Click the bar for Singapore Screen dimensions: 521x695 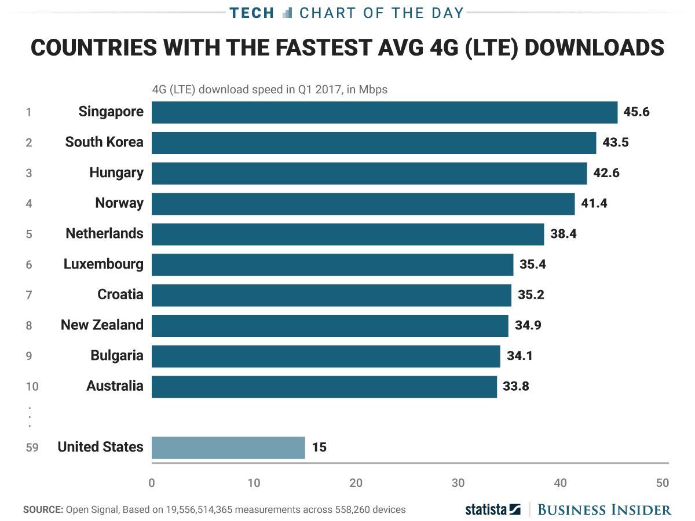[385, 112]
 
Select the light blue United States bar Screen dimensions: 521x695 [228, 447]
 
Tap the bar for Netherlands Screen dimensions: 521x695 [348, 234]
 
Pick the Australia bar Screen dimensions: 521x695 [324, 386]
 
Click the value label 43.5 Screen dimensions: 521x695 [616, 142]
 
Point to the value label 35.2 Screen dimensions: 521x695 [531, 295]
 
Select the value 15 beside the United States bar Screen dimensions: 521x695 [319, 447]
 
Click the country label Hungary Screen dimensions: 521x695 [116, 173]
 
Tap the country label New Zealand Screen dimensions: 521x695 [102, 325]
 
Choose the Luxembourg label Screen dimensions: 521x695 [104, 264]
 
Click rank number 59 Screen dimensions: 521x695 [32, 447]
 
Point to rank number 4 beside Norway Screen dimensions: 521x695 [29, 203]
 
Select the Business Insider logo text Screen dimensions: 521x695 [605, 509]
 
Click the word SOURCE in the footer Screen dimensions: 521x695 [43, 510]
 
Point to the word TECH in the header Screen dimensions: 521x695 [252, 13]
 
